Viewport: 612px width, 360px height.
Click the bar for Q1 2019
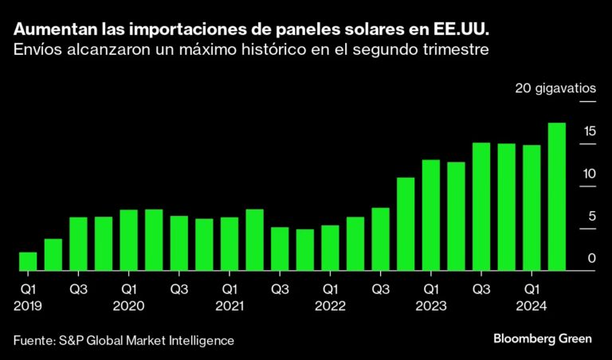coord(28,261)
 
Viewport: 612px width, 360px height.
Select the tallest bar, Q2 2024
coord(557,197)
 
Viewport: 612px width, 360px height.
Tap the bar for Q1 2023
coord(431,215)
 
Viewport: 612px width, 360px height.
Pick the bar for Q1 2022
coord(330,248)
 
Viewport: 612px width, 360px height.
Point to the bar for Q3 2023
coord(481,206)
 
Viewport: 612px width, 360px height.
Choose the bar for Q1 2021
coord(229,244)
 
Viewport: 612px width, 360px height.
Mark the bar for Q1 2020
coord(129,240)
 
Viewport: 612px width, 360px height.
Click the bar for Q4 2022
coord(406,224)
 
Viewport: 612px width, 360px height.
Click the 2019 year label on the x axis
coord(28,306)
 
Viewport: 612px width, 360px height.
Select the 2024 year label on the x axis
coord(532,306)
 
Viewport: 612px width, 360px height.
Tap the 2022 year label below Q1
coord(330,306)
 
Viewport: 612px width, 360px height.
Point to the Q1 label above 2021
coord(229,291)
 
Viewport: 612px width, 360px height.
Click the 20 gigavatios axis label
coord(555,88)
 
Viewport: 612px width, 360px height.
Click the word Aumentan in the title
coord(50,30)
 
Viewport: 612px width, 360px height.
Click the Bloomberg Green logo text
coord(543,338)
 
